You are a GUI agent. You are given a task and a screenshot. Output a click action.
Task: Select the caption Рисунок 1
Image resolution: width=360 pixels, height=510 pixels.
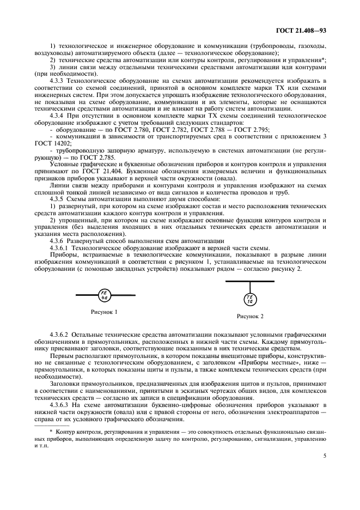click(x=103, y=312)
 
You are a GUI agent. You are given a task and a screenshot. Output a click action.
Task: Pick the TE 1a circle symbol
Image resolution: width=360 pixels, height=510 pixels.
click(x=250, y=299)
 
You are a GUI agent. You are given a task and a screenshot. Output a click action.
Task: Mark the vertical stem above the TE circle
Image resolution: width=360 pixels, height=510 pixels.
click(x=250, y=287)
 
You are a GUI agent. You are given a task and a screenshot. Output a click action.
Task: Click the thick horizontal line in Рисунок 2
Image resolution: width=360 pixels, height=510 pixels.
click(x=250, y=281)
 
